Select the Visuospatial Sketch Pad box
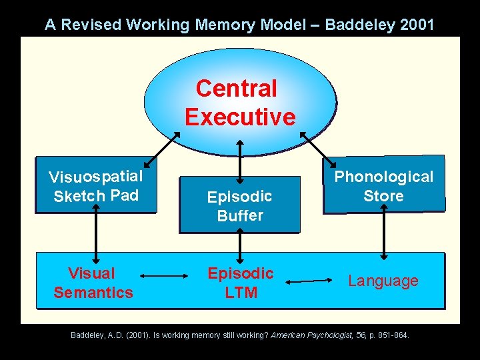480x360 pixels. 95,186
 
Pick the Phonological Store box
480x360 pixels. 383,186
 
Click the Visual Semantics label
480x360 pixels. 93,283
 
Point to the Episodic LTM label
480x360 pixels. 241,283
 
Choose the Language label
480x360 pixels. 383,281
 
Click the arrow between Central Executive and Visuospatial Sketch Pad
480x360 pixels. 162,149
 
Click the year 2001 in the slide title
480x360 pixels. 415,25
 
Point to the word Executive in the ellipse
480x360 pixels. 240,117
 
